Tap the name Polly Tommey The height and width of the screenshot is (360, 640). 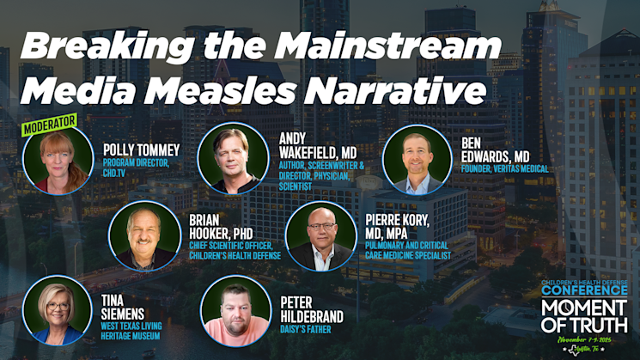[142, 150]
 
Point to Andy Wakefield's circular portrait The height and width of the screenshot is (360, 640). [231, 157]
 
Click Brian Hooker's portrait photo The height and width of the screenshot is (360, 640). [144, 235]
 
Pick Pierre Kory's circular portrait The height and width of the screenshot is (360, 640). [320, 236]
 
